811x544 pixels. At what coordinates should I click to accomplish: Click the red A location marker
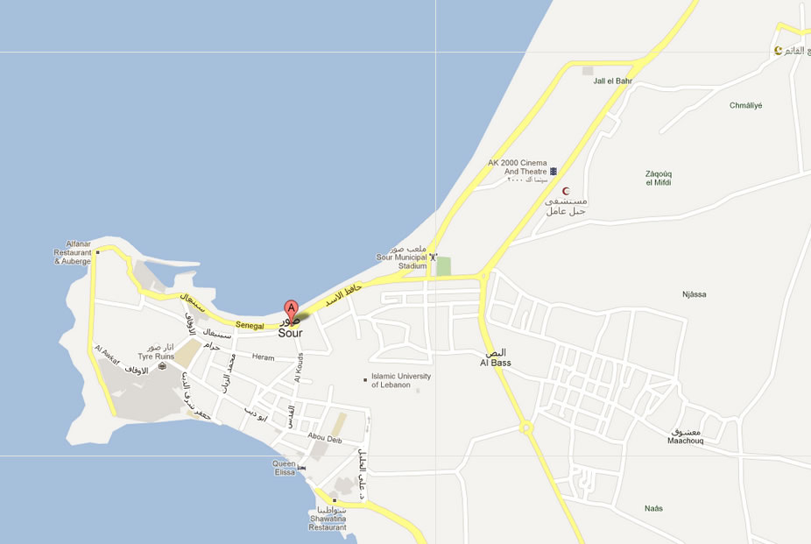tap(291, 308)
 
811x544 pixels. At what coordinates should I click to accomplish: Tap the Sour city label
tap(291, 333)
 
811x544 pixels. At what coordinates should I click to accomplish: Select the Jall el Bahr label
tap(612, 81)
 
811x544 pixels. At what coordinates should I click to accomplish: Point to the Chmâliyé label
tap(745, 105)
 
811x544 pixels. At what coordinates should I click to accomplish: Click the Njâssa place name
tap(694, 294)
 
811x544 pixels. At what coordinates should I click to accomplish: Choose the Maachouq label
tap(685, 442)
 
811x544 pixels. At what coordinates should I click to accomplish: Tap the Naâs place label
tap(653, 508)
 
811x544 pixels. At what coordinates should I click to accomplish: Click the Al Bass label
tap(495, 363)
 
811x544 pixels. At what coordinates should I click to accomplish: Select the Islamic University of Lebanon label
tap(401, 380)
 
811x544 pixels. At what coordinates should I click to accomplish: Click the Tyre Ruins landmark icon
tap(162, 366)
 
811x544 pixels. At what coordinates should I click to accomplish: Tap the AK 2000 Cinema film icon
tap(553, 172)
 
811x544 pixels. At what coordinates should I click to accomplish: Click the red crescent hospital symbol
tap(566, 191)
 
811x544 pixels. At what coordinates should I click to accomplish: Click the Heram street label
tap(263, 357)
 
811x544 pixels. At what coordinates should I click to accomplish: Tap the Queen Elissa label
tap(285, 467)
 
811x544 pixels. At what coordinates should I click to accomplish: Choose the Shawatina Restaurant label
tap(328, 523)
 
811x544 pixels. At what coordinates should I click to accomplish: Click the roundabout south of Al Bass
tap(526, 428)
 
